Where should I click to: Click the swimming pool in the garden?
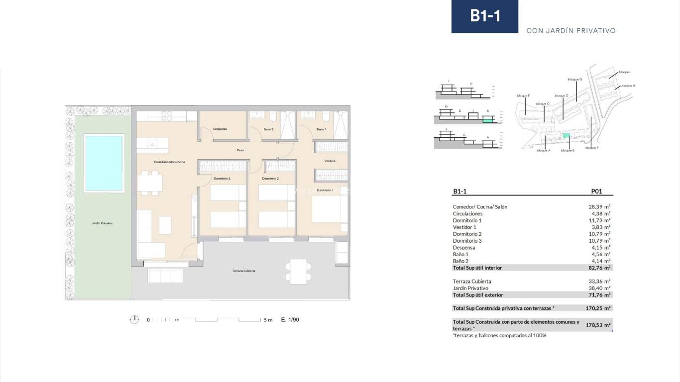(x=104, y=163)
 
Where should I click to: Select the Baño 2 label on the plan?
(x=268, y=129)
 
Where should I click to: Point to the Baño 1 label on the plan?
(x=322, y=129)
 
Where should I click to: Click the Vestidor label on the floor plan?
(x=330, y=161)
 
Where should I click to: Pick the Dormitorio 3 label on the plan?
(x=222, y=179)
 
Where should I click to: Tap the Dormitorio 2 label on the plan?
(x=270, y=179)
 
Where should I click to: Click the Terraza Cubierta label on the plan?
(x=243, y=271)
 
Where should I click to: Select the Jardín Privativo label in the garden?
(x=102, y=223)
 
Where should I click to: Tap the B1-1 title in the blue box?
(x=484, y=16)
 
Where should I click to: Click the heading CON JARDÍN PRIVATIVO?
(x=571, y=31)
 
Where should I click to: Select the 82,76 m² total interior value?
(x=599, y=268)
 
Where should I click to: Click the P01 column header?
(x=596, y=191)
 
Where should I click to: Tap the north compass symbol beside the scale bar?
(x=134, y=320)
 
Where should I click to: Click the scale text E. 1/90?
(x=290, y=320)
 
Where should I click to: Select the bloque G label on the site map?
(x=574, y=79)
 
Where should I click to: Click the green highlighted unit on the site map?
(x=566, y=135)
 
